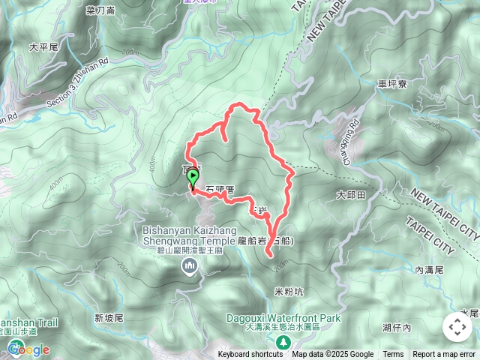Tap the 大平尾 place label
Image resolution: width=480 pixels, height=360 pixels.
[43, 46]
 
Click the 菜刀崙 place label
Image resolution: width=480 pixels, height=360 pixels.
[100, 10]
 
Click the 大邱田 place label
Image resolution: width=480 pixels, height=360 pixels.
[350, 194]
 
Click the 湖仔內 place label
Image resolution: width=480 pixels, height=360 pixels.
[397, 328]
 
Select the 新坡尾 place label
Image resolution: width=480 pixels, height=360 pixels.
[109, 318]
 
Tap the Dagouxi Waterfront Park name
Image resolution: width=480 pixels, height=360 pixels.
[284, 318]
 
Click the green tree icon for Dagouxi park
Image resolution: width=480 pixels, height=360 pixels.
[282, 342]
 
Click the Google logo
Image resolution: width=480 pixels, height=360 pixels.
[28, 349]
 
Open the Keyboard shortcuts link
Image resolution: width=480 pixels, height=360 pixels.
[250, 355]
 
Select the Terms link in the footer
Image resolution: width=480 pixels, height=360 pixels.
[393, 355]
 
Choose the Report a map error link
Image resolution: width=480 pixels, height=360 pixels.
[444, 355]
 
